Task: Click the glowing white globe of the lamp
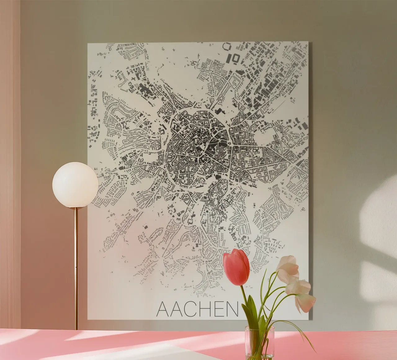75,185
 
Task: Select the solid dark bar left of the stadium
230,58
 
